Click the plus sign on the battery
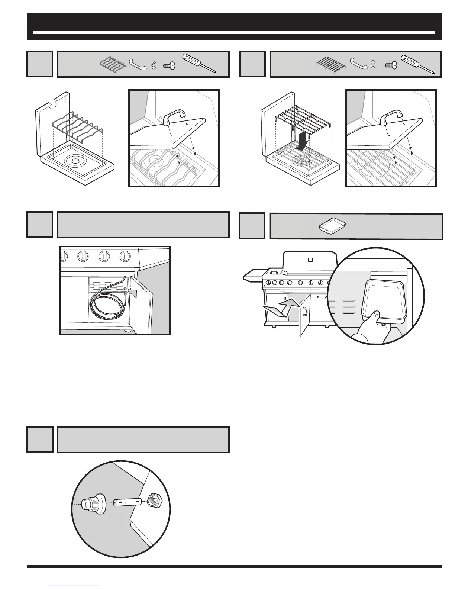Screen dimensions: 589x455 120,502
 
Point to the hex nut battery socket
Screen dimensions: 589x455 154,500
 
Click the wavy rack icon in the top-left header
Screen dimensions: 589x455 113,63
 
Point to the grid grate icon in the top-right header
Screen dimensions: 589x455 331,63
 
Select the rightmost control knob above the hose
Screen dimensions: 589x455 125,256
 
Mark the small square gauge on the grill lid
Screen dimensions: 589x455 310,259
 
